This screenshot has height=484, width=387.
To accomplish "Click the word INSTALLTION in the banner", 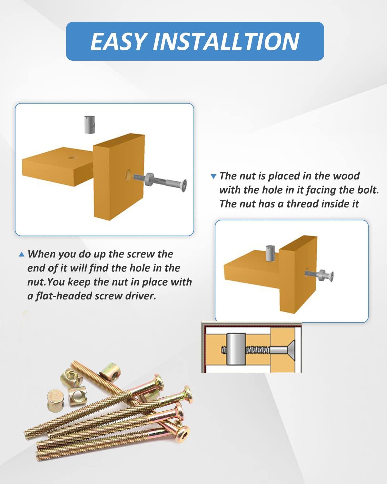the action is click(x=226, y=41).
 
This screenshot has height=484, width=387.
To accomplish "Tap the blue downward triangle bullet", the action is click(x=213, y=176).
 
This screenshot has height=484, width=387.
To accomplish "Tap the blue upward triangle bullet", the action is click(x=21, y=254).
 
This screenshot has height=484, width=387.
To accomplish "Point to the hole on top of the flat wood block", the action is click(x=73, y=157).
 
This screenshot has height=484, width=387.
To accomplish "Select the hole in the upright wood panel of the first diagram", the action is click(x=128, y=175).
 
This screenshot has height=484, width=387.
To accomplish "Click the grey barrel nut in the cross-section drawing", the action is click(x=236, y=349).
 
